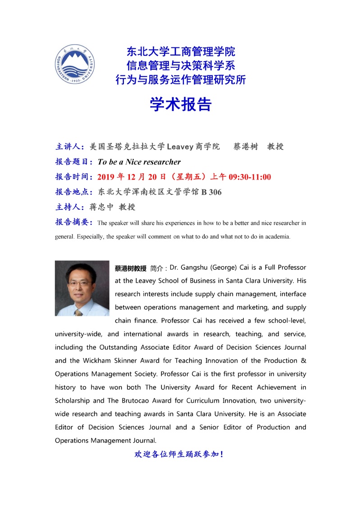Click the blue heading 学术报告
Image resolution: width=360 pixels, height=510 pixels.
180,105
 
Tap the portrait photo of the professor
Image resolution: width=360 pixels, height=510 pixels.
82,288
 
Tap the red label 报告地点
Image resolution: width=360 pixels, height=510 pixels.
74,192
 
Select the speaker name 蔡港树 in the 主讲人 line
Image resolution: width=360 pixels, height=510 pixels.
246,147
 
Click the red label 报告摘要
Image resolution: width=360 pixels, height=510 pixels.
74,222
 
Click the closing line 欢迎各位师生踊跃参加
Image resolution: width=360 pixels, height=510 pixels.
179,454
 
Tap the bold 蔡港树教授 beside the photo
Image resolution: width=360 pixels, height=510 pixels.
131,268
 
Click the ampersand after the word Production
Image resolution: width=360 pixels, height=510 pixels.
303,361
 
